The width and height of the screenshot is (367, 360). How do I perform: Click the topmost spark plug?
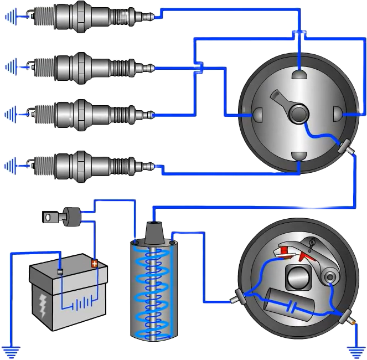click(x=83, y=16)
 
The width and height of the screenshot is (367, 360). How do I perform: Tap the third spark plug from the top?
click(x=83, y=114)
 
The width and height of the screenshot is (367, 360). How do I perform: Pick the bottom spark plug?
click(x=83, y=164)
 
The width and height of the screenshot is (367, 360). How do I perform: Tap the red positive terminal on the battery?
click(x=95, y=263)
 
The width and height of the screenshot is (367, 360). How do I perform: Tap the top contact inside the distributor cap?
click(x=299, y=74)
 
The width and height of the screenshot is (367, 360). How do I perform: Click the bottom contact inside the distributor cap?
click(x=299, y=157)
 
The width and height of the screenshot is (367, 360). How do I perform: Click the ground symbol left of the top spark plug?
click(x=10, y=18)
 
